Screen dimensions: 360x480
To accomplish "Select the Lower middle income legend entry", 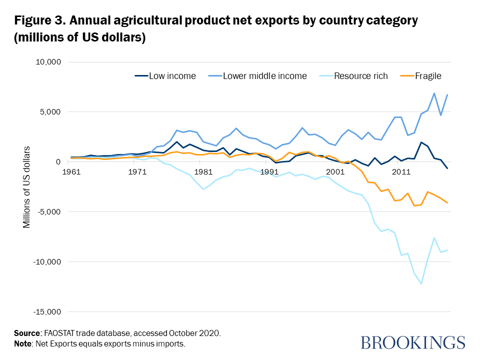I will [x=264, y=76].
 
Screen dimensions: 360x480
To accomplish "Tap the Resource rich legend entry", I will [x=361, y=76].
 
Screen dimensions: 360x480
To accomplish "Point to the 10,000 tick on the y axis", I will [x=46, y=62].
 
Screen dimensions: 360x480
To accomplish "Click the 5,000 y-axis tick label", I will [x=48, y=112].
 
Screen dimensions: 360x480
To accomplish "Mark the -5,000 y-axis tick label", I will [x=47, y=212].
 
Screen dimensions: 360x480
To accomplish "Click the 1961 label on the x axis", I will [x=70, y=172].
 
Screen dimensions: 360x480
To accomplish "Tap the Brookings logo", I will [x=413, y=343].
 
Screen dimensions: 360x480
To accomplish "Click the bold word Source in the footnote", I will [x=27, y=332].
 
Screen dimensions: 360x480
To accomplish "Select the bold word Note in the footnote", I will [x=23, y=343].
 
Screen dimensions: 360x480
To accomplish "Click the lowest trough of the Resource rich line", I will [x=421, y=283].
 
